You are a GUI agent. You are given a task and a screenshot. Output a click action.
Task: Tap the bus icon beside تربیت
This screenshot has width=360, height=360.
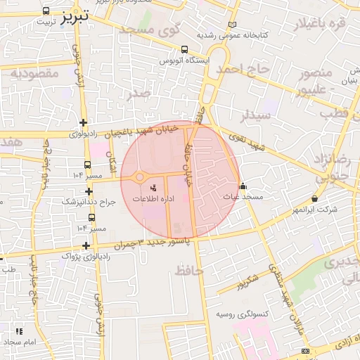(46, 11)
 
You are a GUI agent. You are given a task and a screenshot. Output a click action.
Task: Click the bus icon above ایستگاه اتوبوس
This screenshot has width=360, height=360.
(184, 50)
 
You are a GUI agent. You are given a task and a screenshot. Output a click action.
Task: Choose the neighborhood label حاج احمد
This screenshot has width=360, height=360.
(242, 69)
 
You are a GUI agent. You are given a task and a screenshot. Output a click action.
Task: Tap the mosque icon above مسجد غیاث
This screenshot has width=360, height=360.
(243, 186)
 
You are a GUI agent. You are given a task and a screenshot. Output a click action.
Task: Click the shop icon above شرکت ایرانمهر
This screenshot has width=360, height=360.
(314, 199)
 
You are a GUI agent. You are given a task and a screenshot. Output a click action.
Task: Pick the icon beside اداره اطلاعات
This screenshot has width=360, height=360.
(154, 188)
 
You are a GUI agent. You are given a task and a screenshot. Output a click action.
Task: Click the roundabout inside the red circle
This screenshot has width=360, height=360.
(139, 177)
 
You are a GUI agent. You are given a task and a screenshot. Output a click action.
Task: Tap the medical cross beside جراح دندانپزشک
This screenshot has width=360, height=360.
(89, 191)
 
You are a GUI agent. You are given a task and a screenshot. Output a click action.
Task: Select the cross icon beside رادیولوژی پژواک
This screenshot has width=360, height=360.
(86, 245)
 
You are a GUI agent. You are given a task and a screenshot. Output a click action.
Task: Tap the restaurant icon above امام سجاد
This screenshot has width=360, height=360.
(19, 330)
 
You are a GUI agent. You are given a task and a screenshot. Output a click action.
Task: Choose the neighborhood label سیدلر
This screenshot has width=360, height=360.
(256, 114)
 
